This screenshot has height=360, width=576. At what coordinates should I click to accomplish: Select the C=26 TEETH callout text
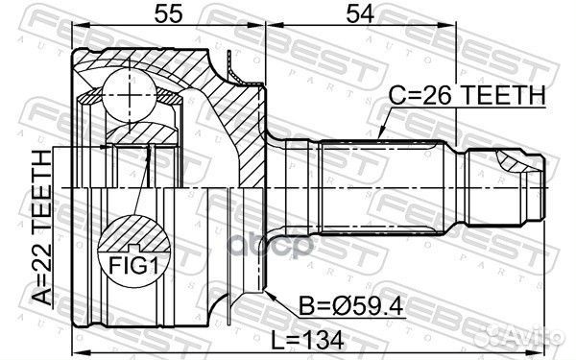pyautogui.click(x=467, y=95)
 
